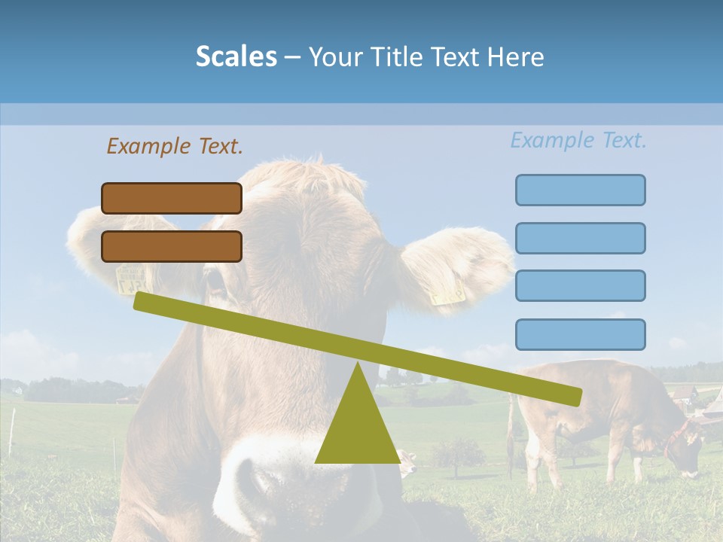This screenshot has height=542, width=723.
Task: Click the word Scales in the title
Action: tap(236, 56)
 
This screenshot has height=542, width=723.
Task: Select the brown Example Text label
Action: tap(175, 146)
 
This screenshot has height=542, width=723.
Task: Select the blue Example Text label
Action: tap(578, 140)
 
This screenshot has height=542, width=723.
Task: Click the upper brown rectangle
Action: tap(172, 198)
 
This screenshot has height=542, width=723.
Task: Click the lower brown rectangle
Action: tap(172, 246)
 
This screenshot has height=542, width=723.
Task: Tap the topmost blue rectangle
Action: tap(580, 190)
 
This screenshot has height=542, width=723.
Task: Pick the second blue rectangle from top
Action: tap(580, 238)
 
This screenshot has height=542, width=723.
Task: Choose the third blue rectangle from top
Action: tap(580, 285)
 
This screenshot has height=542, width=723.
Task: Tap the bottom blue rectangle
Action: tap(580, 334)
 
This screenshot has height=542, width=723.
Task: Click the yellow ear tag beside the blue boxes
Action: tap(448, 292)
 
